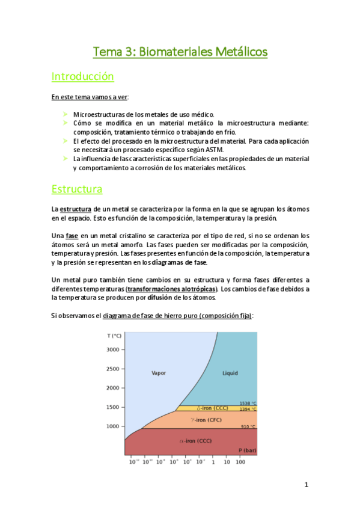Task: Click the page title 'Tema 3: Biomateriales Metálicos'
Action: pos(180,52)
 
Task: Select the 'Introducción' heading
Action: pos(82,77)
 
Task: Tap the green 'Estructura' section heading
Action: pos(76,189)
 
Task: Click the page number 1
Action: pos(306,485)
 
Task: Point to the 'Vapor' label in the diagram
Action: pos(159,373)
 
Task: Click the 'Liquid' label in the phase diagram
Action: pos(230,373)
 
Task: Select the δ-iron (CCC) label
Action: pos(207,408)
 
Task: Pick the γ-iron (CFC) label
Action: pos(206,420)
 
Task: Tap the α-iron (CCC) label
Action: pos(195,441)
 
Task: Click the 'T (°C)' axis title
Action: pos(114,335)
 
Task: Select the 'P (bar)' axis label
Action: pos(247,450)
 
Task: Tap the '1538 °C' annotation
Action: pos(248,403)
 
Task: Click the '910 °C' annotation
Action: pos(249,426)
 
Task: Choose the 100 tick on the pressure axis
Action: pos(240,462)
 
